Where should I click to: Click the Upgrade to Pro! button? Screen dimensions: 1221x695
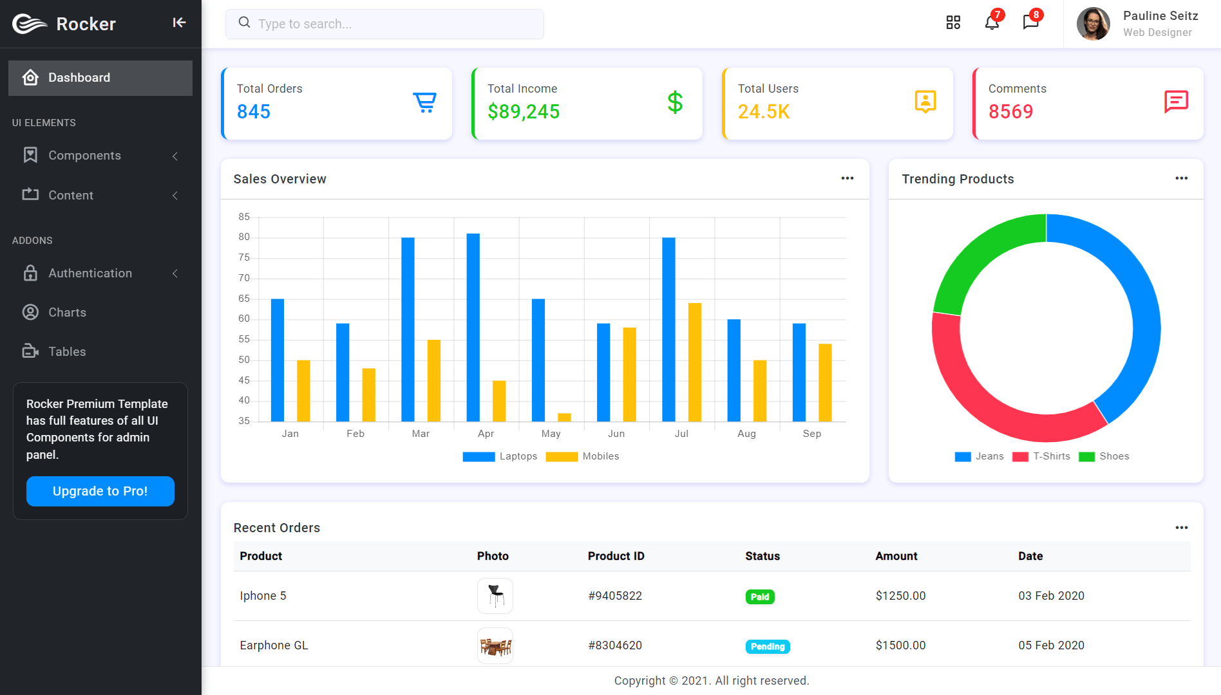100,491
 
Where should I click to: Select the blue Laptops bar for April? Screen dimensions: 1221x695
473,328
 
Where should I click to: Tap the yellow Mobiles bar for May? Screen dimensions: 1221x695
564,417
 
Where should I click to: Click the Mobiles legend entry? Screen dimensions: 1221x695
582,456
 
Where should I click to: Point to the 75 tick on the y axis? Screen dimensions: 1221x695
244,257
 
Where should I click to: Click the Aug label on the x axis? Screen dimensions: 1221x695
746,434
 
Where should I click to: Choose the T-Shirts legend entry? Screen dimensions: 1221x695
1041,456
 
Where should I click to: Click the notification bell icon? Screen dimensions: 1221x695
992,23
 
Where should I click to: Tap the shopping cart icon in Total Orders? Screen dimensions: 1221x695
425,102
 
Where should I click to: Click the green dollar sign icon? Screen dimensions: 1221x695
675,102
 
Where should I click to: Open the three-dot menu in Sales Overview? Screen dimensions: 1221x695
847,178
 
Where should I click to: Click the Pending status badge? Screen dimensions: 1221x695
768,646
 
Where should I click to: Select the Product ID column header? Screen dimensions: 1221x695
616,556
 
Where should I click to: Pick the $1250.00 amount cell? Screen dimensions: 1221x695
900,596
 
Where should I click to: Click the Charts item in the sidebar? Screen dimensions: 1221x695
67,312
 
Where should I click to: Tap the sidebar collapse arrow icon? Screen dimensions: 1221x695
179,23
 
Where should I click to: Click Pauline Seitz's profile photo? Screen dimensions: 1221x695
1093,24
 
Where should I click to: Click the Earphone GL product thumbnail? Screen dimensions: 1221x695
495,645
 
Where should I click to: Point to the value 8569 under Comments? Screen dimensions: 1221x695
1010,112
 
